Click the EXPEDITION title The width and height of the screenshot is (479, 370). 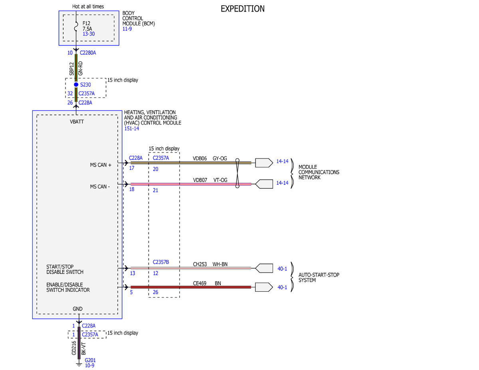(x=242, y=9)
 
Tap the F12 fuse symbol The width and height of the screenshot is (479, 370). (x=76, y=26)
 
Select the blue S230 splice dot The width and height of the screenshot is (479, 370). (x=76, y=85)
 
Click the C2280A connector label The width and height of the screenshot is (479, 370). (x=88, y=53)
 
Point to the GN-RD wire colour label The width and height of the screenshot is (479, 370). (x=81, y=68)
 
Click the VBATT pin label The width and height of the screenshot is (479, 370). (x=77, y=122)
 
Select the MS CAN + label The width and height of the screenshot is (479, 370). (x=101, y=165)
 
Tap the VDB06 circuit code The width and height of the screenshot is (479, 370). (x=200, y=158)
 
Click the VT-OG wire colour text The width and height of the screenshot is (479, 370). (x=220, y=180)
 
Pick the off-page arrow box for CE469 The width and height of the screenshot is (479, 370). (x=264, y=287)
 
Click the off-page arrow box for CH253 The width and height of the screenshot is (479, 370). (x=264, y=268)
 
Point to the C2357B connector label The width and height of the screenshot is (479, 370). (x=161, y=262)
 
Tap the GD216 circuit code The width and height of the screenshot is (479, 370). (x=74, y=348)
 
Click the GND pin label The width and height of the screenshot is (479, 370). (x=77, y=309)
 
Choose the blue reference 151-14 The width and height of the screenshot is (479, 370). (x=132, y=129)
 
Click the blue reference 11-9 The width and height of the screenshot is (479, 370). (x=127, y=29)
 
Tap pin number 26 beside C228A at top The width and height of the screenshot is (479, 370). (x=70, y=103)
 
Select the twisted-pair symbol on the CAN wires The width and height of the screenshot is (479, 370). (x=237, y=173)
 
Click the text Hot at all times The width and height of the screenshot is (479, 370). (x=88, y=7)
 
